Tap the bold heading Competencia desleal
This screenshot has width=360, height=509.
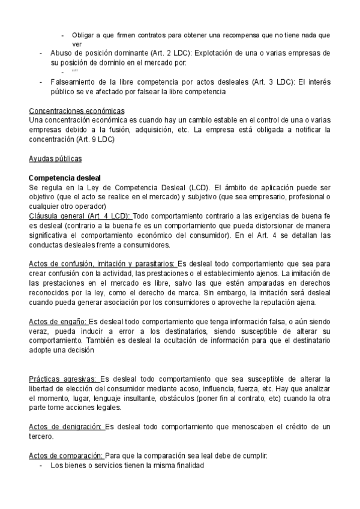coord(65,178)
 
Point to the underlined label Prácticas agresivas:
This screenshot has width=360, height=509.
coord(64,379)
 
